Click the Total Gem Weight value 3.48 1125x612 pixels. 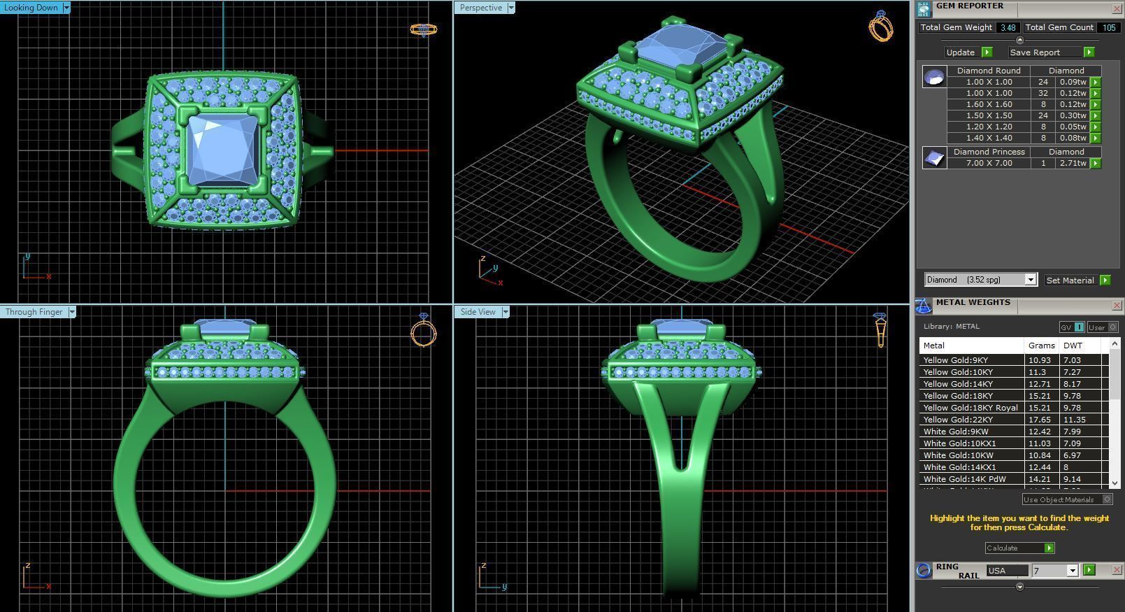[x=1008, y=28]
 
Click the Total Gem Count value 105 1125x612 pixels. [x=1108, y=28]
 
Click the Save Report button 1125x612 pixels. [x=1035, y=52]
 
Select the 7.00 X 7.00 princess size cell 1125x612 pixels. [x=989, y=163]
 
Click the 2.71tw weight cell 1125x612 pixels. [x=1073, y=163]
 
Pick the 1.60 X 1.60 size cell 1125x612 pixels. [x=989, y=104]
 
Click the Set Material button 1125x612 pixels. [x=1070, y=280]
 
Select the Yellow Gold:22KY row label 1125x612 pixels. [x=958, y=420]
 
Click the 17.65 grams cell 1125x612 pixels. [x=1039, y=420]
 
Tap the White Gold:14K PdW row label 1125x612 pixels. [x=964, y=479]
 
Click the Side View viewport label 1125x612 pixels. [x=478, y=312]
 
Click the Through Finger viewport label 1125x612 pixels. [x=34, y=312]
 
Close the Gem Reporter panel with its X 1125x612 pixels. [x=1116, y=8]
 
